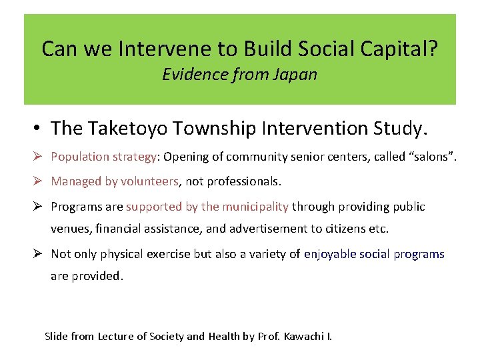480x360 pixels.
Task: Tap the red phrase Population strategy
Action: [x=104, y=157]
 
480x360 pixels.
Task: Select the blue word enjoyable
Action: [x=329, y=254]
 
